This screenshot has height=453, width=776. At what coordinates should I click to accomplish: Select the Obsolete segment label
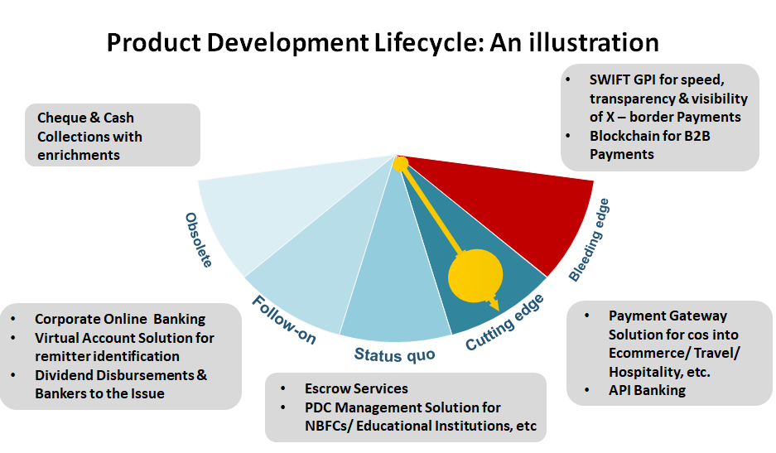point(199,240)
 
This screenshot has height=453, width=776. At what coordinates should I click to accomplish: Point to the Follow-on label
point(284,320)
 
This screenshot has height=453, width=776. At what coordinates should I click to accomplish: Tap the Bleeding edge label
point(590,240)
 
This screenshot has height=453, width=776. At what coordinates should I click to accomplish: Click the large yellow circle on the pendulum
point(475,273)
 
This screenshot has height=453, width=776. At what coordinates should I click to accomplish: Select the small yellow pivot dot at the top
point(400,164)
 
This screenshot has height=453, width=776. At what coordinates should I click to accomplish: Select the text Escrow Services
point(356,388)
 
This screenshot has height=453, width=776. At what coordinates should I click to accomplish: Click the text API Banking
point(647,390)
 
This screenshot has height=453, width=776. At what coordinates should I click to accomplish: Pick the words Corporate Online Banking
point(120,319)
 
